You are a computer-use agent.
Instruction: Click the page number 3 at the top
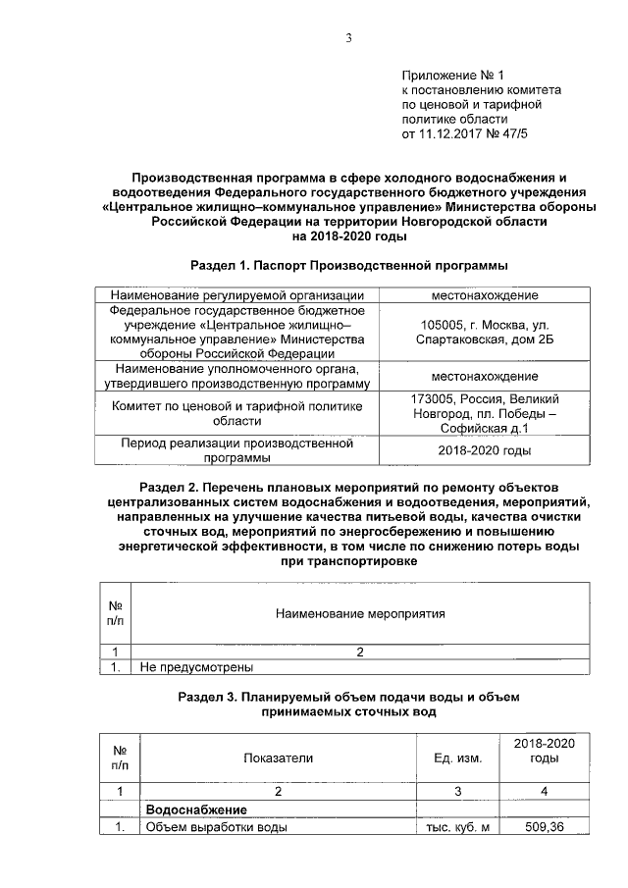point(347,38)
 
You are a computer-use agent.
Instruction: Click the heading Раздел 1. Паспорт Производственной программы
point(348,266)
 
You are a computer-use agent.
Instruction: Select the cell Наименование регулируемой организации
point(237,295)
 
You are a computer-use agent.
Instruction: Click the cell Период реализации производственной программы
point(237,450)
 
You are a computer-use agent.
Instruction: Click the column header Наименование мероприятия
point(359,614)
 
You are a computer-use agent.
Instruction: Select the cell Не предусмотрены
point(196,668)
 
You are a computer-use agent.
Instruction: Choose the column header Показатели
point(278,757)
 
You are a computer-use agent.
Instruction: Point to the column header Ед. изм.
point(457,757)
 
